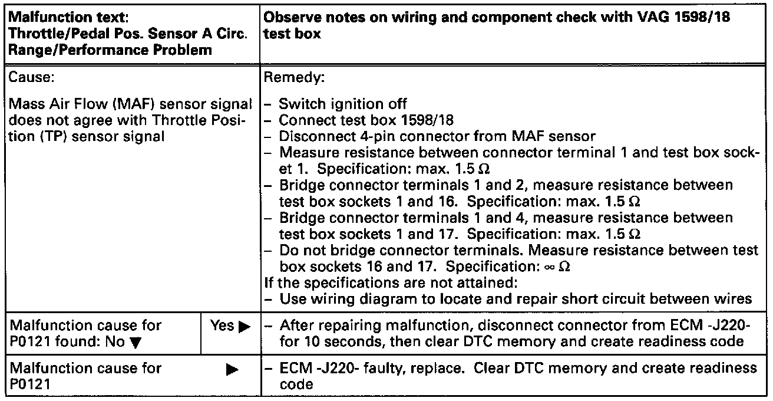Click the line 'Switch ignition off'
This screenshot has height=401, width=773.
[x=342, y=104]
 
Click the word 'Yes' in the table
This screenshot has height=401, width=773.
[x=222, y=326]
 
